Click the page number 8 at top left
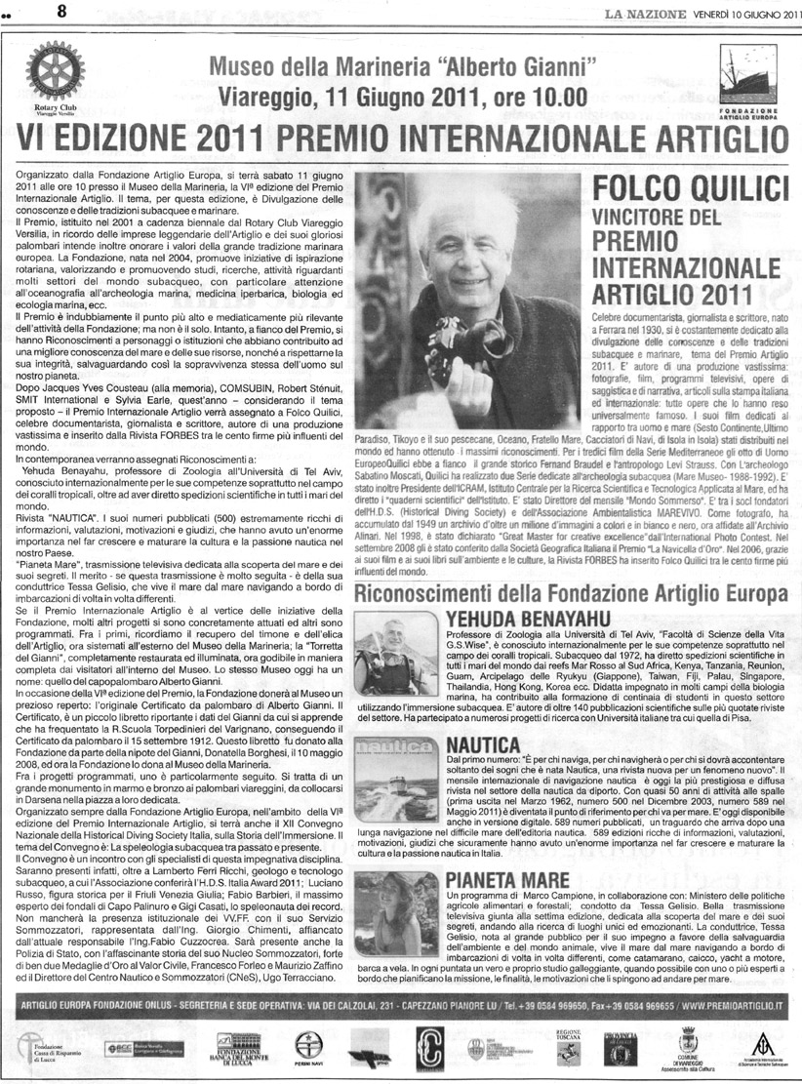tap(33, 13)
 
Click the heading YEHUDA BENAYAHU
tap(529, 619)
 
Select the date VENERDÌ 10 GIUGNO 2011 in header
tap(742, 13)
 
